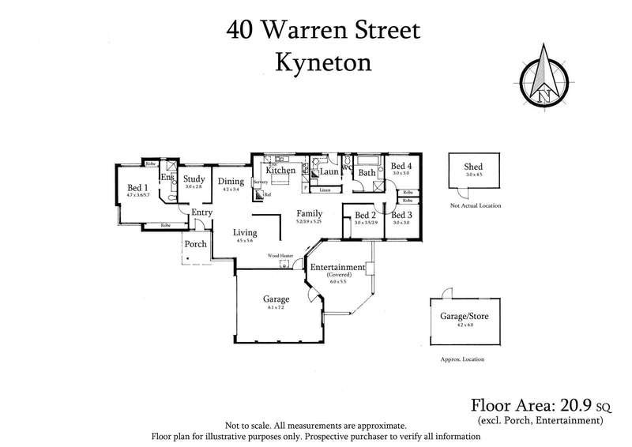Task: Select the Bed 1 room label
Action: [137, 187]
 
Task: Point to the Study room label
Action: [194, 179]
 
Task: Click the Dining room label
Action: [231, 180]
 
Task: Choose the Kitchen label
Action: [280, 170]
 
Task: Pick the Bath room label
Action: [367, 173]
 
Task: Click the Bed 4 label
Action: [401, 166]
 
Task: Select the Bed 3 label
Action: [401, 215]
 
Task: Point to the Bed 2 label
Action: [365, 215]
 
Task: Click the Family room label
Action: [309, 213]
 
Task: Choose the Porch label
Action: [195, 244]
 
